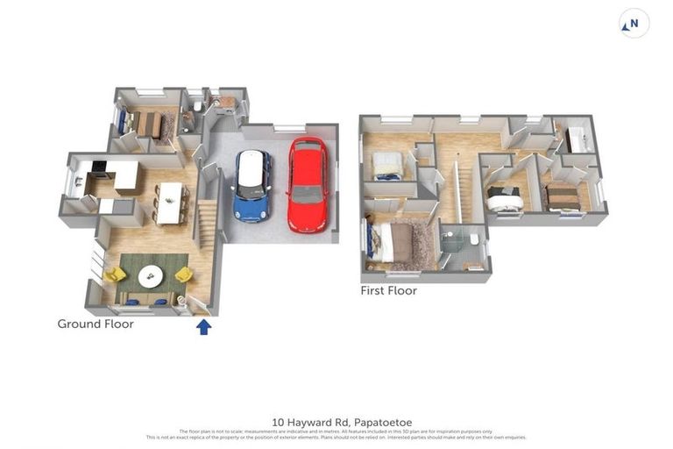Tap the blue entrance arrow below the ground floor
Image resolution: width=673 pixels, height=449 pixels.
(x=203, y=327)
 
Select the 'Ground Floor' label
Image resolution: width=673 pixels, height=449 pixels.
(x=96, y=324)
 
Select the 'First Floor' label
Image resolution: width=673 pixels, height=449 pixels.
(x=388, y=290)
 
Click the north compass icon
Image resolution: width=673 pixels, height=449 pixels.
(x=634, y=24)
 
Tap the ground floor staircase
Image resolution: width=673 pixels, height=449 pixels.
(x=208, y=224)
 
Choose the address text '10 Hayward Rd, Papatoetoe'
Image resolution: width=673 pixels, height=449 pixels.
(x=336, y=422)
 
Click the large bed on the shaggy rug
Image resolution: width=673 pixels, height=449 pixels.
(x=399, y=244)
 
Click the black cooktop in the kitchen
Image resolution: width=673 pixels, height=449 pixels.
(x=98, y=167)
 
